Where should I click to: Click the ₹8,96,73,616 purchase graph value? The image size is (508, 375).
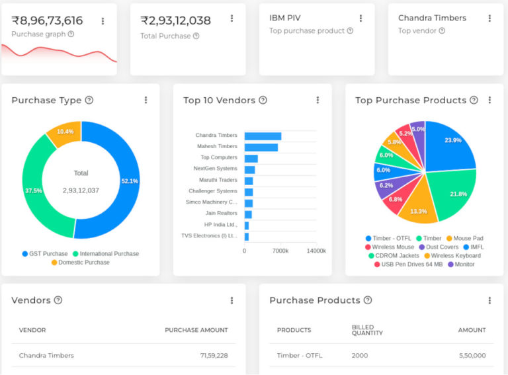pos(47,21)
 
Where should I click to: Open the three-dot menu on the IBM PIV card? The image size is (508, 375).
pos(360,19)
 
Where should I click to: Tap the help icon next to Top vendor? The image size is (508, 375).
pos(442,30)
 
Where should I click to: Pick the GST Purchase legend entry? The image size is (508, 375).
pos(45,253)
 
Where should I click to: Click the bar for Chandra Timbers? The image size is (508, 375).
pos(263,136)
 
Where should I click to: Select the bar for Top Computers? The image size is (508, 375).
pos(251,158)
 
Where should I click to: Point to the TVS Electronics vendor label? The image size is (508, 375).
pos(209,235)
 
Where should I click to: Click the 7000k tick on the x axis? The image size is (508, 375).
pos(280,251)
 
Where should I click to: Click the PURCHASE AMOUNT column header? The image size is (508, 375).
pos(196,330)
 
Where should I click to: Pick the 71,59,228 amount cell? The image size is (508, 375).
pos(214,355)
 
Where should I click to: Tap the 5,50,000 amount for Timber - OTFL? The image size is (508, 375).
pos(472,355)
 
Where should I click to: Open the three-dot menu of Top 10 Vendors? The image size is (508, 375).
pos(317,100)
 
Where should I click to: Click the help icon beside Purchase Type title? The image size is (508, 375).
pos(89,100)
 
